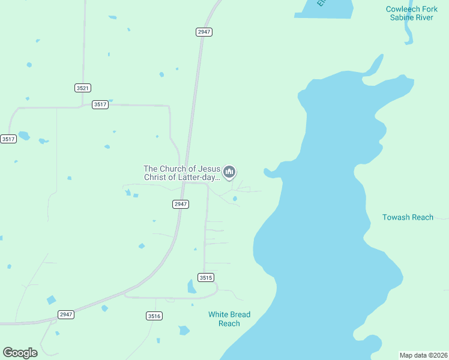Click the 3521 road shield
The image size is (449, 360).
[x=83, y=88]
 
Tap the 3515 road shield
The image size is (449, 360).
[x=206, y=277]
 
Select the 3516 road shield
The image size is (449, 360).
[x=154, y=316]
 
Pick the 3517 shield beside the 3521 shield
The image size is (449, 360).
[x=100, y=104]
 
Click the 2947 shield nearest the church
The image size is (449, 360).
[x=181, y=204]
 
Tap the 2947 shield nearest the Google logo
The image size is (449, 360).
[x=66, y=314]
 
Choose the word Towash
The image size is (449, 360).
[x=396, y=217]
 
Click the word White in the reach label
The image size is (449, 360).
[x=218, y=314]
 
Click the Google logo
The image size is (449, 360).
[x=20, y=353]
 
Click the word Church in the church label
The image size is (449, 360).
[x=173, y=169]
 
